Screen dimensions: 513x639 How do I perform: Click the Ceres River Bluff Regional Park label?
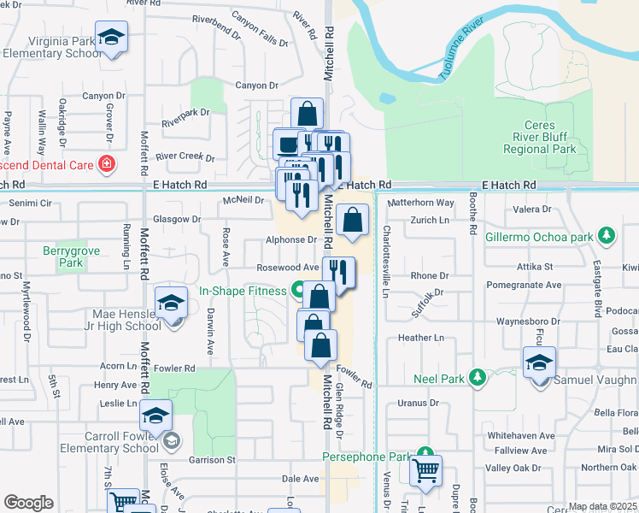(x=539, y=137)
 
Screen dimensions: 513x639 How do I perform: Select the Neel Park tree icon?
(x=478, y=376)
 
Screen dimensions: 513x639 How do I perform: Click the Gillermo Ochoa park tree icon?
(x=607, y=234)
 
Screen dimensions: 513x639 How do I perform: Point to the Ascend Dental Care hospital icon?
(x=107, y=163)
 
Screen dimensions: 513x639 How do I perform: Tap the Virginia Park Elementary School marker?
(x=109, y=37)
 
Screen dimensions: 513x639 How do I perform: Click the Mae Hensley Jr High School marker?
(x=171, y=304)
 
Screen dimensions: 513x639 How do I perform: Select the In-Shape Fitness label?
(x=243, y=291)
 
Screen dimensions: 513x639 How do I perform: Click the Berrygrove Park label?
(x=65, y=257)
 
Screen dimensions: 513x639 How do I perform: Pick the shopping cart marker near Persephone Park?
(x=425, y=469)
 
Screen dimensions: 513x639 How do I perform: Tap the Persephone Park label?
(x=366, y=457)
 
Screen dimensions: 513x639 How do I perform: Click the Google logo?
(x=28, y=503)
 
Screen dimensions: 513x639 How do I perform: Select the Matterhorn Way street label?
(x=421, y=203)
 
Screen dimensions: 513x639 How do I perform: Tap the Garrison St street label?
(x=212, y=459)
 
